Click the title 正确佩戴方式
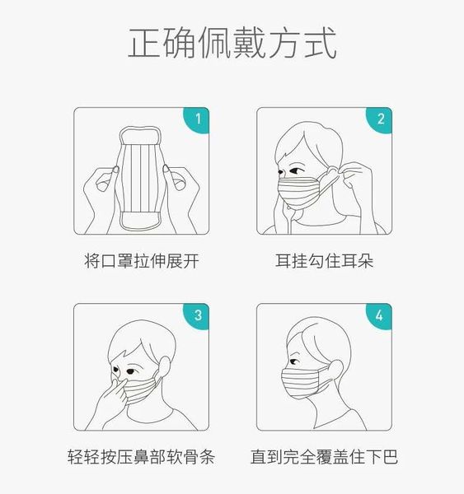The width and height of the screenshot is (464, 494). (x=232, y=44)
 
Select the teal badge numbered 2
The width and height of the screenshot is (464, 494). (x=380, y=119)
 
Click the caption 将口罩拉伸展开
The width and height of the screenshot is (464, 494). (x=141, y=262)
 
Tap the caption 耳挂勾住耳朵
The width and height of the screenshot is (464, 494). (x=324, y=262)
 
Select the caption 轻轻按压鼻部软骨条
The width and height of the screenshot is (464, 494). (x=141, y=457)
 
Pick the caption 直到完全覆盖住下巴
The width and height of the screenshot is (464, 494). (x=324, y=457)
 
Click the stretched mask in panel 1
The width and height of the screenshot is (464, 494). (x=142, y=179)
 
